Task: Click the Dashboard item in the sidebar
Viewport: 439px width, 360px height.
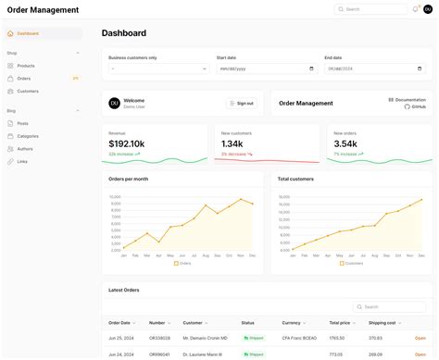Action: pyautogui.click(x=28, y=33)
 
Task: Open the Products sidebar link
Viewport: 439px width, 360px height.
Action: pyautogui.click(x=26, y=66)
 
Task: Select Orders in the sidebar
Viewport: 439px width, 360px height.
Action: pyautogui.click(x=24, y=79)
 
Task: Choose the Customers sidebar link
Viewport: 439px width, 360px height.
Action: pyautogui.click(x=28, y=92)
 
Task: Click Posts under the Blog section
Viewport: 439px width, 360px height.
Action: pyautogui.click(x=23, y=123)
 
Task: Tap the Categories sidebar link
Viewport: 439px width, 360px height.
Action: pyautogui.click(x=28, y=136)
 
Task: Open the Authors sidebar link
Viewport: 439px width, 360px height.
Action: pyautogui.click(x=25, y=149)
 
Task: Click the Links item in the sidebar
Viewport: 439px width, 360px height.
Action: pyautogui.click(x=22, y=161)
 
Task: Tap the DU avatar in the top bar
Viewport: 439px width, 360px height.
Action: pyautogui.click(x=428, y=9)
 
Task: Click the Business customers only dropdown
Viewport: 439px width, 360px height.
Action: pyautogui.click(x=158, y=68)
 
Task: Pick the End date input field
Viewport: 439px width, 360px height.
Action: pyautogui.click(x=373, y=68)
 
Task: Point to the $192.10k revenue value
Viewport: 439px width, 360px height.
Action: pyautogui.click(x=126, y=143)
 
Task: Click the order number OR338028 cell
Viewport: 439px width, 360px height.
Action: pyautogui.click(x=159, y=339)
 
